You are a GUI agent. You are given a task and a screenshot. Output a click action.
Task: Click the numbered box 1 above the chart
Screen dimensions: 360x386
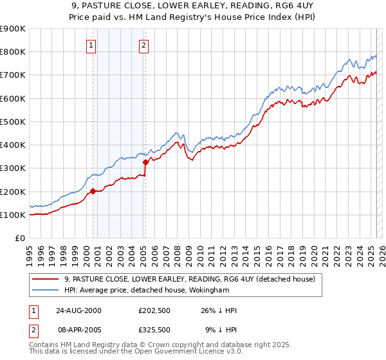[x=91, y=45]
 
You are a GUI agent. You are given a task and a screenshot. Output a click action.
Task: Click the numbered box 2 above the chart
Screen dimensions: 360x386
[x=143, y=45]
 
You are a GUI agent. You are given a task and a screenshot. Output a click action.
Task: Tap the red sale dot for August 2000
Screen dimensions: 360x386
[x=93, y=191]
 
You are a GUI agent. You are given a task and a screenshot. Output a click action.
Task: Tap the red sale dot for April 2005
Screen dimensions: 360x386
[x=145, y=162]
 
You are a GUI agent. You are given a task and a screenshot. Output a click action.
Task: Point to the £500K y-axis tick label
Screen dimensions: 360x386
[x=13, y=122]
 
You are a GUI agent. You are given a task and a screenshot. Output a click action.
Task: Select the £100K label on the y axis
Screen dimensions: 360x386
[x=13, y=215]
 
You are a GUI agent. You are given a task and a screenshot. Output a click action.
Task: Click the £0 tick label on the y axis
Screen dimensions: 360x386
[x=20, y=239]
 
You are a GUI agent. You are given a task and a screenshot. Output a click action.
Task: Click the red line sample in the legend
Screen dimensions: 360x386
[x=46, y=279]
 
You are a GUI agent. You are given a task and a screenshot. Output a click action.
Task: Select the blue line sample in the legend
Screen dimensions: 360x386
[x=46, y=290]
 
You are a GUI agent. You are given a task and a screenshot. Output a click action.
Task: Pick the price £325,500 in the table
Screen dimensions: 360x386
[x=154, y=329]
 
